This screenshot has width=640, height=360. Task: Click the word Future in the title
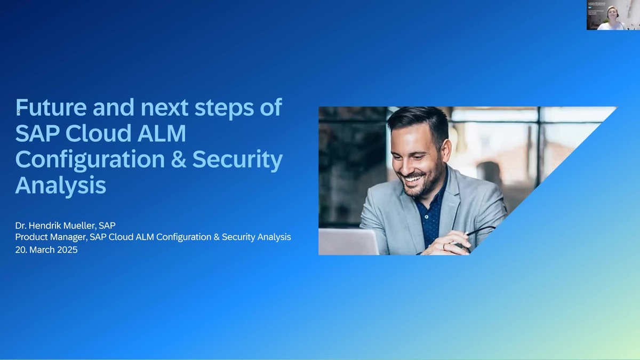(51, 107)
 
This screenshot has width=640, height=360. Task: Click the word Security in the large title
(237, 159)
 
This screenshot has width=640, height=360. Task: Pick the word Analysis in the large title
(60, 186)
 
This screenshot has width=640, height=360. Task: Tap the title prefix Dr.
(21, 225)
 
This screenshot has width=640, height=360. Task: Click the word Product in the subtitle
(31, 237)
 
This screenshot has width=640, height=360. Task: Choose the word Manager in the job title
(69, 237)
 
